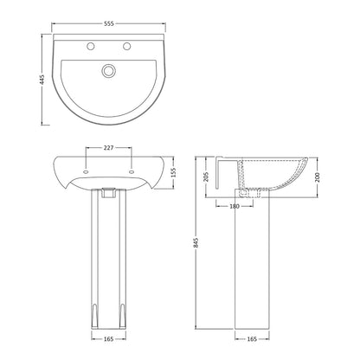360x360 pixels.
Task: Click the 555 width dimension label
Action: click(109, 23)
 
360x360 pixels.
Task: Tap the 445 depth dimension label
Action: click(42, 80)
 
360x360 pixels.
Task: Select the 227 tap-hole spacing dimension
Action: click(108, 148)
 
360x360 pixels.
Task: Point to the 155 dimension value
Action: click(173, 173)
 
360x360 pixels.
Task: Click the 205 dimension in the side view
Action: click(206, 177)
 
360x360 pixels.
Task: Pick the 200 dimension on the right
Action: click(317, 177)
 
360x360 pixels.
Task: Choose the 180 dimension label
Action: click(235, 206)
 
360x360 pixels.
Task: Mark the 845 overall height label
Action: click(196, 243)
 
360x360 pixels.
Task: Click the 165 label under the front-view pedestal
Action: click(108, 339)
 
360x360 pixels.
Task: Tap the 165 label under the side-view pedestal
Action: click(252, 339)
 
